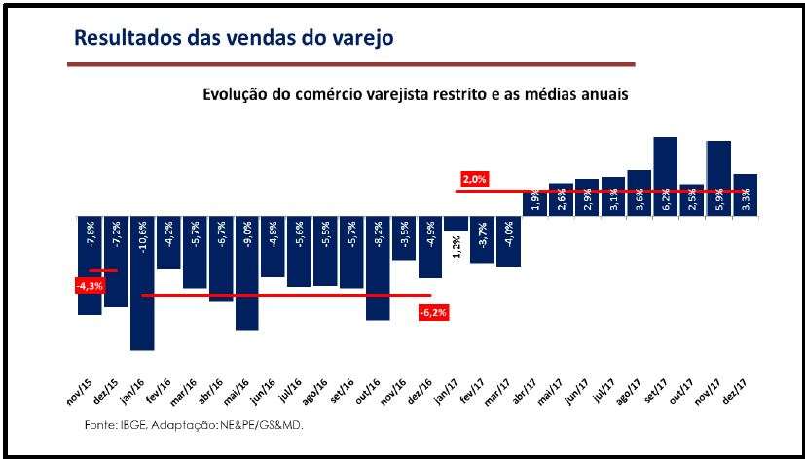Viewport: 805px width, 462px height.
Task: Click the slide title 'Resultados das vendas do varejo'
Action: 234,38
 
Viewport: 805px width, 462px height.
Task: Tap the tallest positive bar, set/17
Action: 665,175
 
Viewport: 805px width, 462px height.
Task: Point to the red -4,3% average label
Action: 89,286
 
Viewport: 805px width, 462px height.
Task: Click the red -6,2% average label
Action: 432,312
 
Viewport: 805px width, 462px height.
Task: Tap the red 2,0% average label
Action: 474,179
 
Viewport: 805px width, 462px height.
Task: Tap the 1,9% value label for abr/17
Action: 534,201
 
